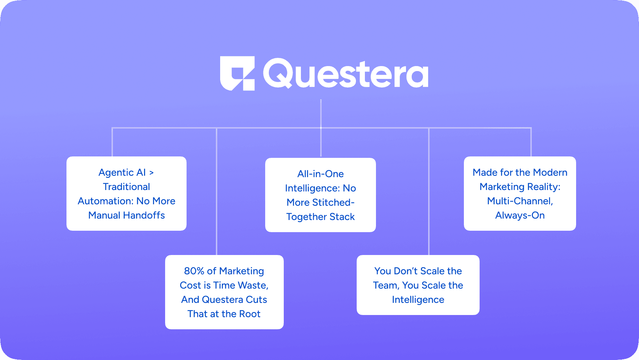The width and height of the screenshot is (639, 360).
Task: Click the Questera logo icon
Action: pyautogui.click(x=237, y=73)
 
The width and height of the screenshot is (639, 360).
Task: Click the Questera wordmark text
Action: pyautogui.click(x=346, y=74)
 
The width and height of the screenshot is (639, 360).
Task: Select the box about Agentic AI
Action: pyautogui.click(x=127, y=194)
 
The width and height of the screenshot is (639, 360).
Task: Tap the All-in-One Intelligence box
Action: pyautogui.click(x=321, y=195)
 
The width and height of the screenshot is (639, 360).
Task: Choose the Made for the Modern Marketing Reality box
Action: pyautogui.click(x=520, y=194)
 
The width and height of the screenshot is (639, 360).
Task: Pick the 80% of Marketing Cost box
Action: pyautogui.click(x=224, y=292)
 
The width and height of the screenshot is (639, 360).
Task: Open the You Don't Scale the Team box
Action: pyautogui.click(x=418, y=285)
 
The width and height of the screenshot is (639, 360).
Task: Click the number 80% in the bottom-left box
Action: pyautogui.click(x=194, y=271)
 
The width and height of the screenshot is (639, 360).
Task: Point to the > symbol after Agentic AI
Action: pyautogui.click(x=152, y=173)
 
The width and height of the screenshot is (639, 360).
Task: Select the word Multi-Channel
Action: pyautogui.click(x=520, y=201)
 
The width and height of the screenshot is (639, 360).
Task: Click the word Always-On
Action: pyautogui.click(x=520, y=215)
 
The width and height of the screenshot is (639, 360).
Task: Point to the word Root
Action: pyautogui.click(x=249, y=314)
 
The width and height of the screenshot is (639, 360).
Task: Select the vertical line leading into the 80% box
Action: pyautogui.click(x=217, y=193)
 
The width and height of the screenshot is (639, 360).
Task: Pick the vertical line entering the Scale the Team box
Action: pyautogui.click(x=429, y=193)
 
